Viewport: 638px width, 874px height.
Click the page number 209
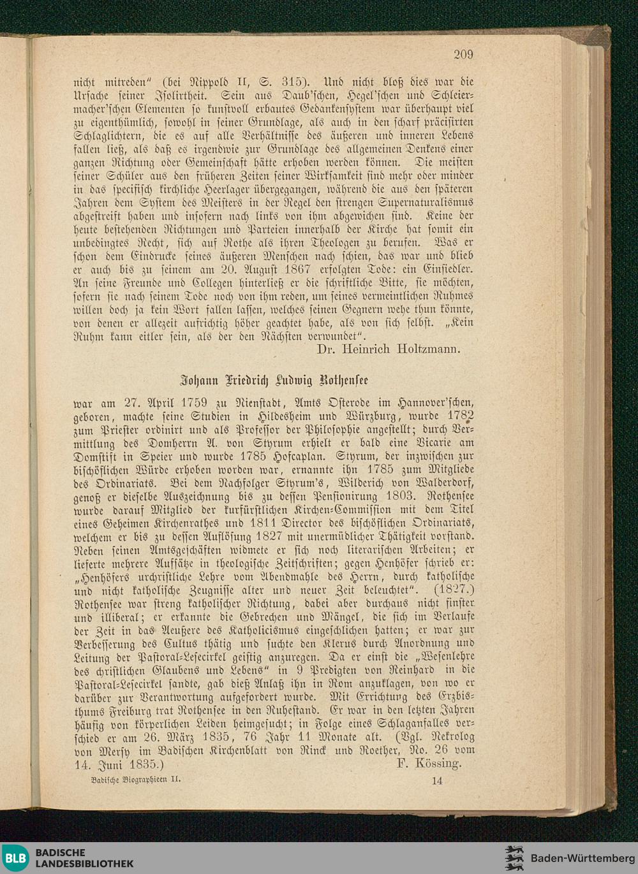pos(463,54)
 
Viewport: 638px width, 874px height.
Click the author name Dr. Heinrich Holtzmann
pos(388,349)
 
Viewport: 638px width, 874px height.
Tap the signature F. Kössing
pos(428,763)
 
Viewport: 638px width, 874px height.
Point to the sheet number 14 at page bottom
pos(437,780)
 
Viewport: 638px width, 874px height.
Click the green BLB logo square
pos(15,858)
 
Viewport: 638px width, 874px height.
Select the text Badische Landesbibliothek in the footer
pos(84,858)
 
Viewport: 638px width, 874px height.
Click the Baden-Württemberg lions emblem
pos(514,858)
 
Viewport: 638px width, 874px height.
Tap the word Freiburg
pos(119,710)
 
